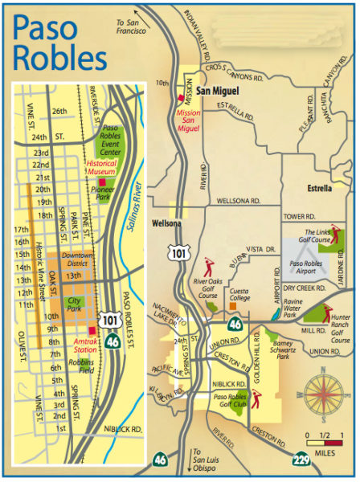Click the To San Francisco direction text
(x=137, y=27)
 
